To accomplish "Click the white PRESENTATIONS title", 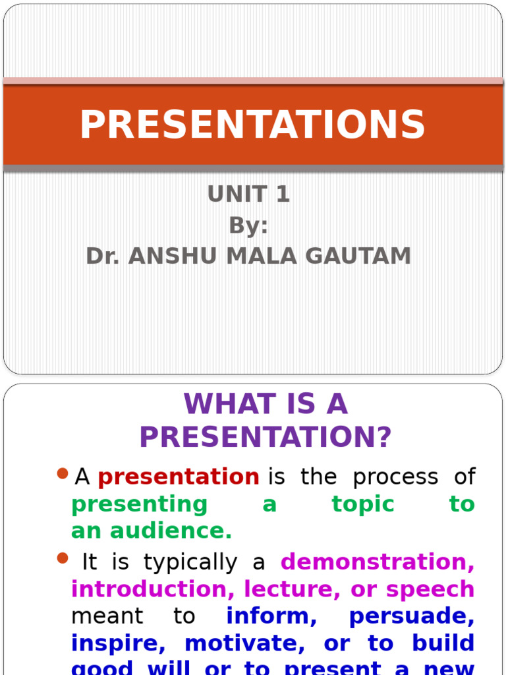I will pyautogui.click(x=252, y=125).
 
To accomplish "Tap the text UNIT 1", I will pyautogui.click(x=248, y=195).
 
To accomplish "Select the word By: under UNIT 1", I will pyautogui.click(x=248, y=225).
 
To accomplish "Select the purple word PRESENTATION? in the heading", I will pyautogui.click(x=266, y=437).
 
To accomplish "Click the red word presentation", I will pyautogui.click(x=179, y=477).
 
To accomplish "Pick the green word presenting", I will pyautogui.click(x=139, y=504).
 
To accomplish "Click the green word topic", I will pyautogui.click(x=363, y=504).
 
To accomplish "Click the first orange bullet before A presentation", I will pyautogui.click(x=63, y=473).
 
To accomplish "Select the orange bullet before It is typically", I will pyautogui.click(x=63, y=558).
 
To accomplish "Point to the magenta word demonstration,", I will pyautogui.click(x=378, y=562).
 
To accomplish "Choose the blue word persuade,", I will pyautogui.click(x=411, y=616).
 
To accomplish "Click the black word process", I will pyautogui.click(x=395, y=477).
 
